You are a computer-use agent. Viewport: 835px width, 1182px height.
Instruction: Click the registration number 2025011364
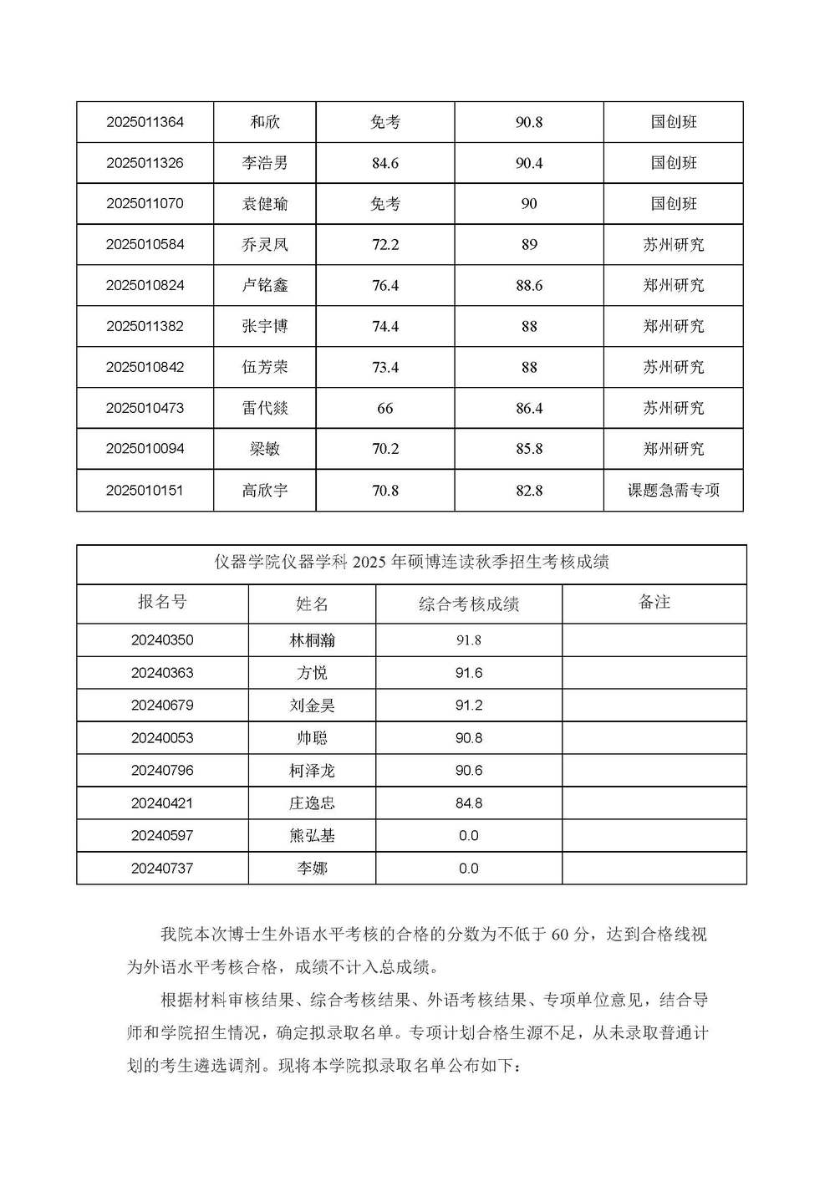pyautogui.click(x=145, y=122)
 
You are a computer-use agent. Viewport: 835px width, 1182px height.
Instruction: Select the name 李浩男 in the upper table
pyautogui.click(x=265, y=163)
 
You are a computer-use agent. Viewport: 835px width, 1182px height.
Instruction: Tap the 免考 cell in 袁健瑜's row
pyautogui.click(x=385, y=204)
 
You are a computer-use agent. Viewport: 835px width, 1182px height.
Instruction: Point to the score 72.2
pyautogui.click(x=385, y=245)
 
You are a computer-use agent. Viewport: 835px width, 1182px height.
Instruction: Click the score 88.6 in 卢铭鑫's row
pyautogui.click(x=529, y=286)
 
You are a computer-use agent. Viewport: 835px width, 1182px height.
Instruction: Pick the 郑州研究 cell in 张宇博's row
pyautogui.click(x=674, y=327)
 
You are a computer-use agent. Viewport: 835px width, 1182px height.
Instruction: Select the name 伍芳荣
pyautogui.click(x=265, y=367)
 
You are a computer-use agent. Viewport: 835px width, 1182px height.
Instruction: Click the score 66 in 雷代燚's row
pyautogui.click(x=385, y=409)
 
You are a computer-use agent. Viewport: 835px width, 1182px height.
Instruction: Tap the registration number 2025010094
pyautogui.click(x=145, y=449)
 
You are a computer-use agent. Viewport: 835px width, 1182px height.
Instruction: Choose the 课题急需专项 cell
pyautogui.click(x=674, y=491)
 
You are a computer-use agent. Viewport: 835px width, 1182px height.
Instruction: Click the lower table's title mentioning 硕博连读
pyautogui.click(x=411, y=563)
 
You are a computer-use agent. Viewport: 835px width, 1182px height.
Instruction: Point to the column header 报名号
pyautogui.click(x=162, y=603)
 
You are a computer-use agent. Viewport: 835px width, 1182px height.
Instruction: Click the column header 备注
pyautogui.click(x=654, y=603)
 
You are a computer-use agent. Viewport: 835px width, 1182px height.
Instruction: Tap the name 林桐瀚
pyautogui.click(x=312, y=640)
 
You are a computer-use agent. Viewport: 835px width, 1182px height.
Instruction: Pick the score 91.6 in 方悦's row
pyautogui.click(x=469, y=673)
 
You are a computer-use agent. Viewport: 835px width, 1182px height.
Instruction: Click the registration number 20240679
pyautogui.click(x=162, y=706)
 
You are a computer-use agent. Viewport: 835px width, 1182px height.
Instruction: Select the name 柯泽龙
pyautogui.click(x=312, y=771)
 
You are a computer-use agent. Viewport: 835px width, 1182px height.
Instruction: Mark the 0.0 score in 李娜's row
pyautogui.click(x=469, y=869)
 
